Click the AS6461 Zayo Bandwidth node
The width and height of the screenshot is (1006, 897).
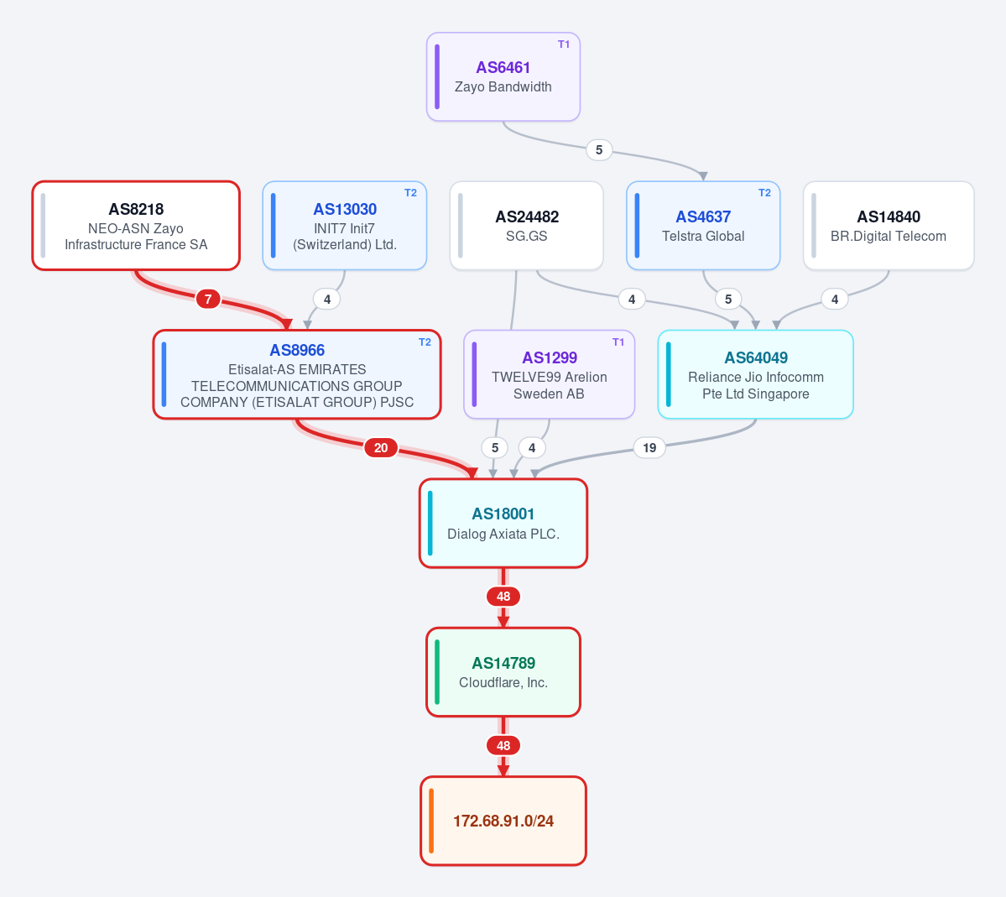click(x=503, y=77)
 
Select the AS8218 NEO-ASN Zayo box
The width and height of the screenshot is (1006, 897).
click(x=136, y=226)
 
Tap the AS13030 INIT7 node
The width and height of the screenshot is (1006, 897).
click(x=345, y=226)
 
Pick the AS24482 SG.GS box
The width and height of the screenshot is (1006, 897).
click(x=527, y=226)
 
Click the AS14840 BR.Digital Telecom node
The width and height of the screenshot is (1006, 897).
click(x=889, y=226)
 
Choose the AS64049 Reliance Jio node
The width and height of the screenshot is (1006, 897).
click(x=756, y=375)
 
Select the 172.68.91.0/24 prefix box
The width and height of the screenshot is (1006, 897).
click(x=503, y=821)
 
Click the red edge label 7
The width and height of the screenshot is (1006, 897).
click(x=208, y=299)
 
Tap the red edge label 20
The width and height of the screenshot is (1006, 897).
click(x=381, y=448)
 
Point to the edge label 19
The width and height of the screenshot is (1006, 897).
click(x=649, y=448)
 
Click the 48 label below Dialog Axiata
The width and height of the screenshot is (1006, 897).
click(x=503, y=597)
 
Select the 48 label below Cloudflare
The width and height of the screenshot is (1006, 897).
click(x=503, y=746)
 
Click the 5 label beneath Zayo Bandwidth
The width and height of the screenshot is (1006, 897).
click(x=599, y=150)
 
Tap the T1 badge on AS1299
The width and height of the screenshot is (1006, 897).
click(x=618, y=342)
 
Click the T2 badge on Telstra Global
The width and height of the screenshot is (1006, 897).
click(x=764, y=193)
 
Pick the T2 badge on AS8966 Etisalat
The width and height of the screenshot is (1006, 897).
click(x=425, y=342)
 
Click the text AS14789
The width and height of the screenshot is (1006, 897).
click(x=503, y=663)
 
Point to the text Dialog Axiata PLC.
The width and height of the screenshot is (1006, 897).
click(x=503, y=534)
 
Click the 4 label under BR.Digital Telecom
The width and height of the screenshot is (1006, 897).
click(x=835, y=299)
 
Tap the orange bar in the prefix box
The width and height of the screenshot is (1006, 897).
click(x=432, y=821)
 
